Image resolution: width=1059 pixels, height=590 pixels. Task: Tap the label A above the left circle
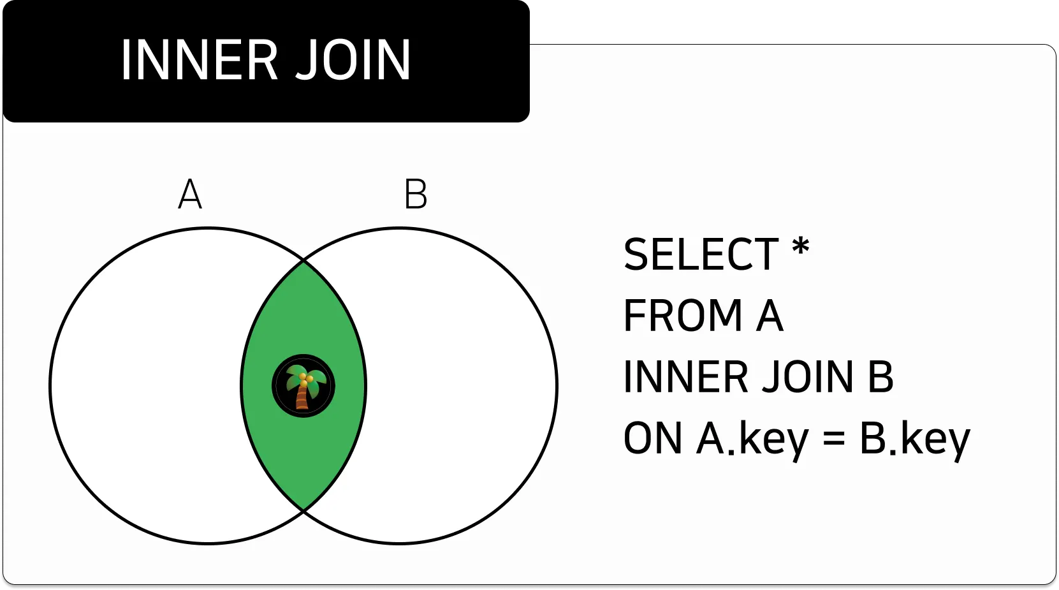click(190, 195)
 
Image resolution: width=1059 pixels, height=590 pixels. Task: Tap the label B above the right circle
click(416, 195)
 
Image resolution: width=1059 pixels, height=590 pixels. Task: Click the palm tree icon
click(303, 386)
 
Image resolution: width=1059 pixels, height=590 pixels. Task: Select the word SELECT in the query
click(701, 254)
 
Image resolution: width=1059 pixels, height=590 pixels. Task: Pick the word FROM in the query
click(683, 316)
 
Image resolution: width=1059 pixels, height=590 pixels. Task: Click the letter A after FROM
click(770, 316)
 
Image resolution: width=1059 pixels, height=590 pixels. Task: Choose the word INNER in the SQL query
click(685, 377)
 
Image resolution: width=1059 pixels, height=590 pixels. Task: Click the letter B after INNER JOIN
click(880, 377)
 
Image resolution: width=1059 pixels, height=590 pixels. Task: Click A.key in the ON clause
click(752, 439)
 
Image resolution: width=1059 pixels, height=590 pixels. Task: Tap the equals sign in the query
click(834, 439)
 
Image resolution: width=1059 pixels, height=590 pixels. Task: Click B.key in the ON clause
click(914, 439)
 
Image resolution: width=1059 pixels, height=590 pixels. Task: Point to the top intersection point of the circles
click(304, 260)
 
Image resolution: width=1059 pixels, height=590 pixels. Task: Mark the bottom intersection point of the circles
click(304, 511)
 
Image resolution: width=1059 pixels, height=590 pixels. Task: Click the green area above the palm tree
click(304, 313)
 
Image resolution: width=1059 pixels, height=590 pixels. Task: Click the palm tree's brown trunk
click(302, 399)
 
